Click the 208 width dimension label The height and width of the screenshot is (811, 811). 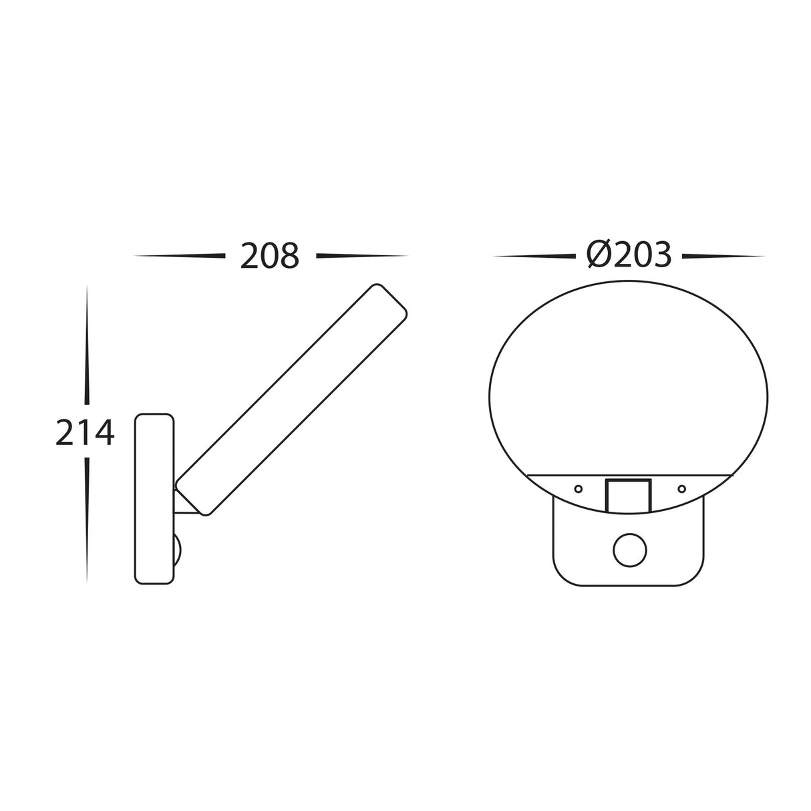[269, 256]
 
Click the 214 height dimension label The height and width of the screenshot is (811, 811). [85, 432]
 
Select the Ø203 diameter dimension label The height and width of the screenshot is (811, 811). [629, 255]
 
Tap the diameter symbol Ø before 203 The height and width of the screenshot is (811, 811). [599, 255]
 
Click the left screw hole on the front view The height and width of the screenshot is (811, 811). [579, 488]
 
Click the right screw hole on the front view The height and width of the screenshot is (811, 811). [682, 488]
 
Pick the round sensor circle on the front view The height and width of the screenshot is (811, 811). [630, 550]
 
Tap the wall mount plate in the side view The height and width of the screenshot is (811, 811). [154, 499]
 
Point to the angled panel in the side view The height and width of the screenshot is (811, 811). [291, 399]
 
